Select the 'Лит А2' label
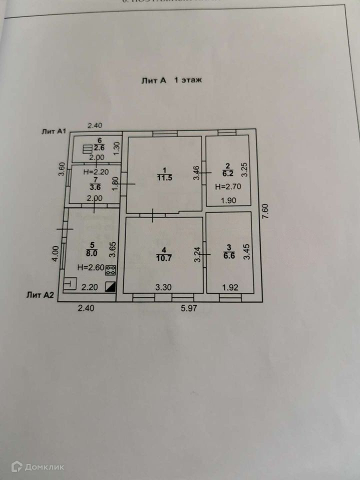tap(40, 295)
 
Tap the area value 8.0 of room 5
tap(91, 252)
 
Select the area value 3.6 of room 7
tap(94, 187)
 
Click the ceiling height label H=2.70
tap(228, 187)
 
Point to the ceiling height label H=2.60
tap(88, 267)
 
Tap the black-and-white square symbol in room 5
tap(110, 286)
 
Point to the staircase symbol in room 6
tap(87, 149)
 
